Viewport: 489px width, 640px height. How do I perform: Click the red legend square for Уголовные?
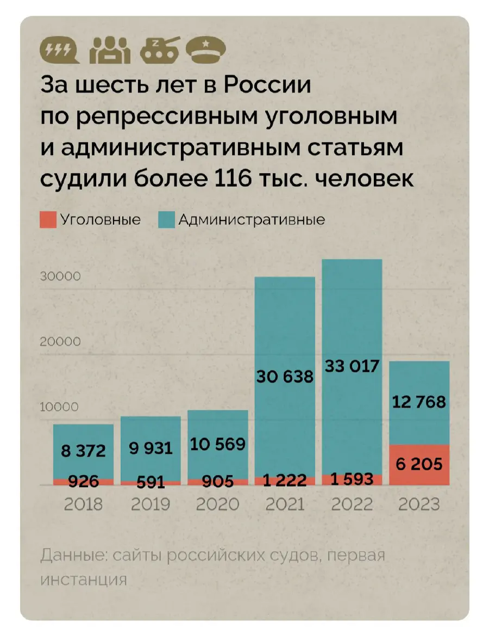pyautogui.click(x=47, y=220)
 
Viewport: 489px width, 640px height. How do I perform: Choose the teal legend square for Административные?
pyautogui.click(x=166, y=220)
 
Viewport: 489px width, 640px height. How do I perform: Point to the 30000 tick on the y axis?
pyautogui.click(x=60, y=276)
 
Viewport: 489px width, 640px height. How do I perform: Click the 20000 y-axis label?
pyautogui.click(x=60, y=342)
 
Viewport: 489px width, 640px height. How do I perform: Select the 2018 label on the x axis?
pyautogui.click(x=83, y=504)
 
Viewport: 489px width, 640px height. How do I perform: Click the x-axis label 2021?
pyautogui.click(x=285, y=504)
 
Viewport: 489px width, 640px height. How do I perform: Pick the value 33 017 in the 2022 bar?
pyautogui.click(x=352, y=366)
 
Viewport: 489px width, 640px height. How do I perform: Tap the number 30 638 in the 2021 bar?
pyautogui.click(x=285, y=376)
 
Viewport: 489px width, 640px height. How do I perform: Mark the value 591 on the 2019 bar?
pyautogui.click(x=150, y=482)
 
